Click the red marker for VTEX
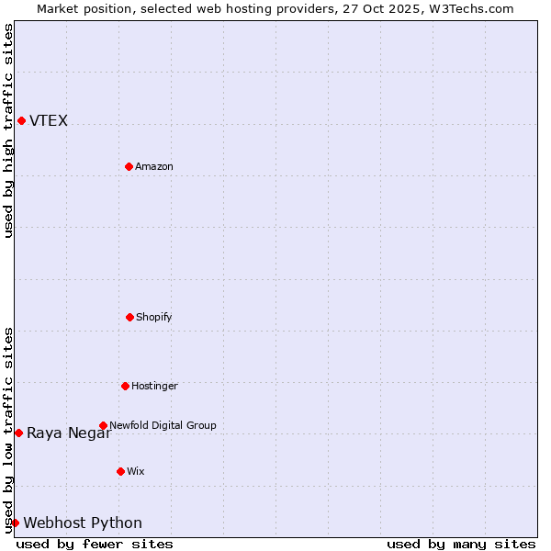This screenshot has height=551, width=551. (21, 120)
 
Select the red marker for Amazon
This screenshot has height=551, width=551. (129, 166)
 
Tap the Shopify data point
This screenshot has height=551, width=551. (129, 317)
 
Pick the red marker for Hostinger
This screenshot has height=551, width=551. (125, 386)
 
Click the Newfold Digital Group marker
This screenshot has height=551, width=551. (103, 425)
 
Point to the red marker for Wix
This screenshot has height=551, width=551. (120, 471)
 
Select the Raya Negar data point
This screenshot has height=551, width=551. (18, 433)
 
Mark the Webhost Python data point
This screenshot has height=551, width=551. (15, 523)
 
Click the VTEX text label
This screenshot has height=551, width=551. (49, 120)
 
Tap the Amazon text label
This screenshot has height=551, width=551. (154, 166)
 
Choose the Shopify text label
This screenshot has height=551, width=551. (153, 317)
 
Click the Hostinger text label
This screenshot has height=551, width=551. (154, 386)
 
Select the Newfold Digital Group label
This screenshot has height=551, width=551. (163, 425)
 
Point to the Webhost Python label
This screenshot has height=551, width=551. (83, 523)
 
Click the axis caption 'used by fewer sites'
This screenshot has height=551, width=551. (95, 544)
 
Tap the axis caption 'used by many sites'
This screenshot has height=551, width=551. (461, 544)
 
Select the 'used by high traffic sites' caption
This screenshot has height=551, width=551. (8, 130)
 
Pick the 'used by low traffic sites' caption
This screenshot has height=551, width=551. (8, 429)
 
